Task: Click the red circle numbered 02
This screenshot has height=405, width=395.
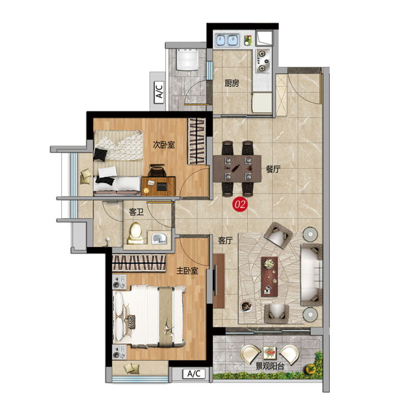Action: [x=240, y=205]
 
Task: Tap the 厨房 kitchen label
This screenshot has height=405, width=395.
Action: [x=231, y=83]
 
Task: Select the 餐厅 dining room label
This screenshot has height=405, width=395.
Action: [x=273, y=169]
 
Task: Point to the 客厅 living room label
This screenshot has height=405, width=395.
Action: [x=225, y=241]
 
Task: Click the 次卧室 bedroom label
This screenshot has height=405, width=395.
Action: [x=164, y=145]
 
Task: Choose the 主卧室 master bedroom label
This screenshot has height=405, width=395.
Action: [x=187, y=271]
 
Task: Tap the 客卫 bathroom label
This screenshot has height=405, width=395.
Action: [x=136, y=212]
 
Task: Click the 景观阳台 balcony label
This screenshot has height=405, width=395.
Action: [x=270, y=366]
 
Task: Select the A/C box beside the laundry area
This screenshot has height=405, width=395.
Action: [x=159, y=90]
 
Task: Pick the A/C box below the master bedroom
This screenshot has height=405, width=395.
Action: [x=194, y=373]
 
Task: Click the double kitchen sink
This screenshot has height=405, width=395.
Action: [x=227, y=40]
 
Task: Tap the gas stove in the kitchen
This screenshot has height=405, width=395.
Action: [x=263, y=61]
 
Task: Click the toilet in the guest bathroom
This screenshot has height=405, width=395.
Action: [x=136, y=233]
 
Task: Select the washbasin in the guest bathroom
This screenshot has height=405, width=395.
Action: [x=159, y=238]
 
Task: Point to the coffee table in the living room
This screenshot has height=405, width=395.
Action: [x=270, y=277]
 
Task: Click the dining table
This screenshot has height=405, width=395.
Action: [x=237, y=168]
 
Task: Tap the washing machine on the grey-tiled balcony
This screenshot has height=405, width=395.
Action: [x=187, y=59]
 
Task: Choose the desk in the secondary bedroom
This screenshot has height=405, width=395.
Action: [x=158, y=186]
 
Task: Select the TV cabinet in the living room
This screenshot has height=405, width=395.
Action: [x=219, y=281]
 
